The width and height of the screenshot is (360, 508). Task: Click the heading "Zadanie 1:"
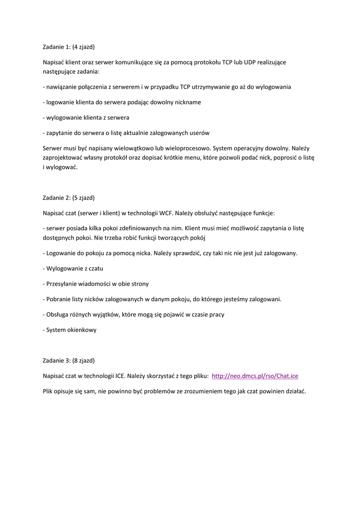[57, 47]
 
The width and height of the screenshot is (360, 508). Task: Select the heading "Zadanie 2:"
[57, 197]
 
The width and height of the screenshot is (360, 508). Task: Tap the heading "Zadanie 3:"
[57, 360]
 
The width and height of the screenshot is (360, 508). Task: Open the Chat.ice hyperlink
[255, 376]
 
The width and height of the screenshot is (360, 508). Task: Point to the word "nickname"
[187, 102]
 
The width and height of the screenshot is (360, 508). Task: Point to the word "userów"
[198, 133]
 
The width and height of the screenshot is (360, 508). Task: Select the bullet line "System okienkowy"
[71, 330]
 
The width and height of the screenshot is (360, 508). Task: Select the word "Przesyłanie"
[63, 284]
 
